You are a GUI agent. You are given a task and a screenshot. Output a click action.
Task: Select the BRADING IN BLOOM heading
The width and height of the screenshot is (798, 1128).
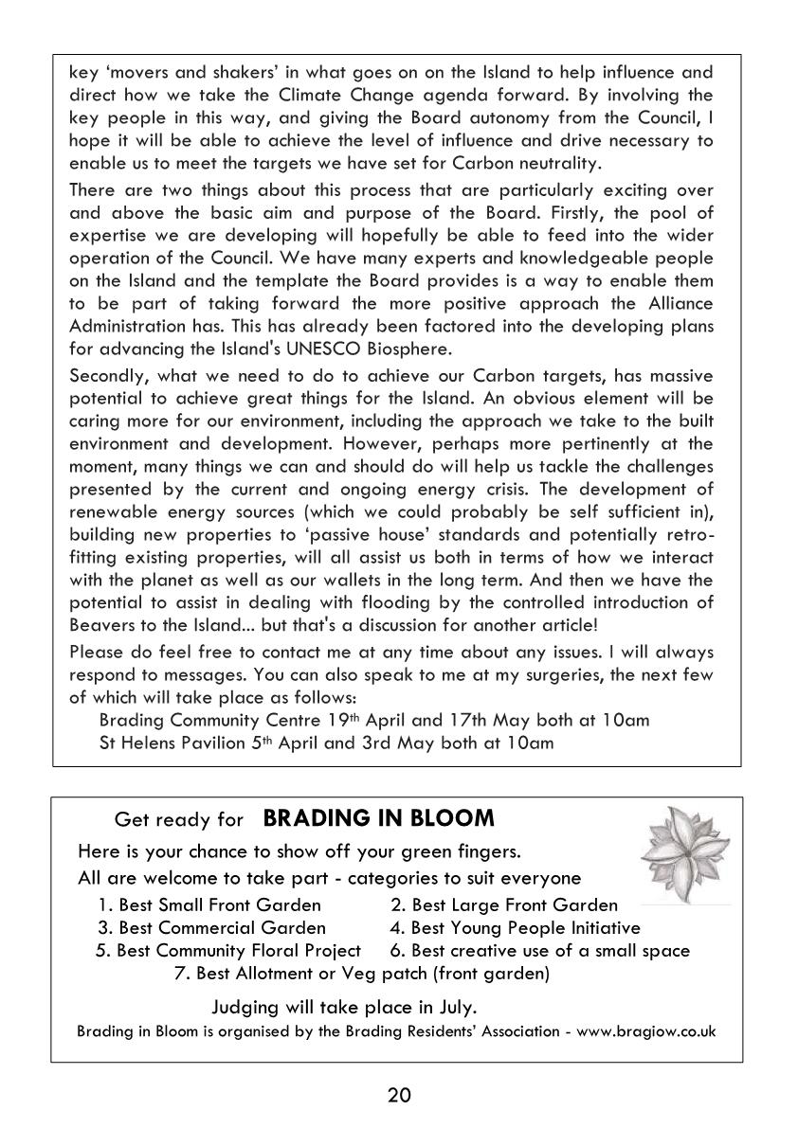(x=378, y=817)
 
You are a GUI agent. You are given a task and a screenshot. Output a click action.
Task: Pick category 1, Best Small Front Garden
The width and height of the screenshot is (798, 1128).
(x=210, y=904)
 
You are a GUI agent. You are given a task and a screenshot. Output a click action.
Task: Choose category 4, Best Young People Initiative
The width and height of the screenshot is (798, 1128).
(x=515, y=927)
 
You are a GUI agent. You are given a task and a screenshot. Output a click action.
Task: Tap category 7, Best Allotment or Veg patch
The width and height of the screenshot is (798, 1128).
(x=362, y=973)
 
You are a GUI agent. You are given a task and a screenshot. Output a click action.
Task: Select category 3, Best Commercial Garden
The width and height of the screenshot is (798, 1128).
(x=211, y=927)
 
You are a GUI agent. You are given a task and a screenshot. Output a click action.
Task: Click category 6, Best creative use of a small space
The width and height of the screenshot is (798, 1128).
(x=539, y=950)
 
